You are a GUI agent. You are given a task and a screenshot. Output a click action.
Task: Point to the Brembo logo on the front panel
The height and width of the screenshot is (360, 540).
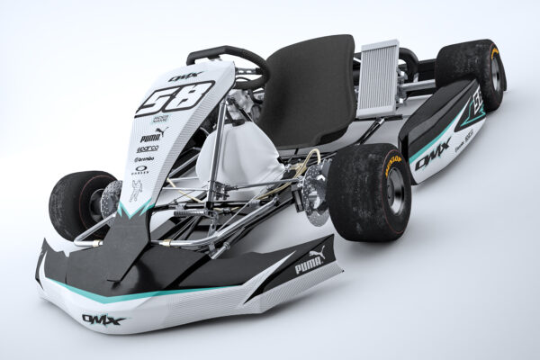point(145,157)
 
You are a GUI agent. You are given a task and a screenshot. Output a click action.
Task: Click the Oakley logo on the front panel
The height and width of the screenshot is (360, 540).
point(141,169)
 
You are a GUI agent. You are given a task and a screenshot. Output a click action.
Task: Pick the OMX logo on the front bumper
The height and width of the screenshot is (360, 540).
point(103,319)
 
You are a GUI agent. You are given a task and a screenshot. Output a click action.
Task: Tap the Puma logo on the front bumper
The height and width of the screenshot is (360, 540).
point(308,265)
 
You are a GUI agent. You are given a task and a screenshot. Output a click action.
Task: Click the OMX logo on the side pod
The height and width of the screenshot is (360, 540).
point(432,148)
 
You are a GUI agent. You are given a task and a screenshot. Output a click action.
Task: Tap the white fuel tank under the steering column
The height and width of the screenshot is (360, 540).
point(236,162)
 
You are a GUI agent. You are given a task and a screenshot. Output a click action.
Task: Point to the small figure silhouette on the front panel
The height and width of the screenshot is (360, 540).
point(136,191)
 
